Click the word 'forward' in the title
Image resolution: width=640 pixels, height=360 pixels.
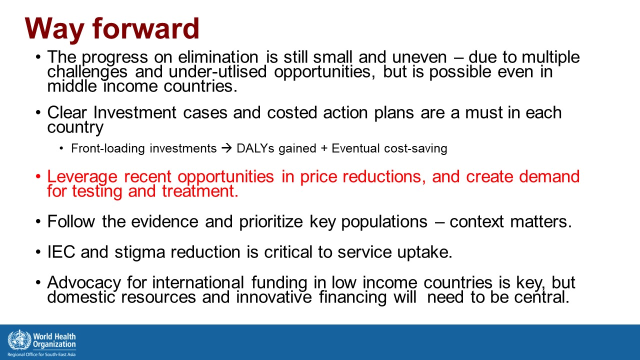point(145,28)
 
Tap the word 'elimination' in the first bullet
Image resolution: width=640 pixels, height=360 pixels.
point(218,57)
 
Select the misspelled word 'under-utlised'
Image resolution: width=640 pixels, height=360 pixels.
point(217,71)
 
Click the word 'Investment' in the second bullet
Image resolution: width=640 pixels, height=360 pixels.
point(135,112)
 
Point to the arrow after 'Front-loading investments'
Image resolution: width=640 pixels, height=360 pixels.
point(227,148)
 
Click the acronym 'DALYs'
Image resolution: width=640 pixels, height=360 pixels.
point(255,148)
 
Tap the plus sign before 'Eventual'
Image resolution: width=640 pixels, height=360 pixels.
point(324,149)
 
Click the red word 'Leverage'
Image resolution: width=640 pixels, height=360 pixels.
point(82,176)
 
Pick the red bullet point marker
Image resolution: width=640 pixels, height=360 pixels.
point(38,176)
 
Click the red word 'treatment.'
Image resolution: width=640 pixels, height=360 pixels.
point(200,191)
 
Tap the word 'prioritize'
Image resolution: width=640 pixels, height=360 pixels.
point(271,221)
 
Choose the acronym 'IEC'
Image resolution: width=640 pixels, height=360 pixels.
point(61,252)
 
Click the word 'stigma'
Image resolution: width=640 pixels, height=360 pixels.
point(140,252)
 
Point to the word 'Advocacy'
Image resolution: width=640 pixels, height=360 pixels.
point(84,283)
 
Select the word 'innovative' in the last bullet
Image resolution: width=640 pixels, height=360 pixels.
point(273,297)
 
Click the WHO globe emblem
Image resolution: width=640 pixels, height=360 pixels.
point(19,340)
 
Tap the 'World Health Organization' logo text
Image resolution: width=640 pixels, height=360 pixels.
point(54,340)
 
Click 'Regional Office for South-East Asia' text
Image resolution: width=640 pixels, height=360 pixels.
point(41,354)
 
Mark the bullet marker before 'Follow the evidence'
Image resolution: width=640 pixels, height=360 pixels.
point(38,221)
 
